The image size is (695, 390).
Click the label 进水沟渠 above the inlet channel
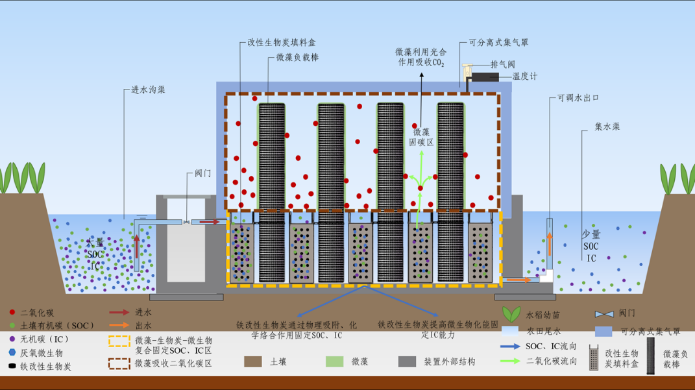(144, 90)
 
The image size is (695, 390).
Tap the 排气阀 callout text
(503, 64)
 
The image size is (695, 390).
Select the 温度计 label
(524, 77)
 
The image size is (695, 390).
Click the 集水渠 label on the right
(607, 127)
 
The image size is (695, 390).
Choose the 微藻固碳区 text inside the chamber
(421, 136)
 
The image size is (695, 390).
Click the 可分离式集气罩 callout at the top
(498, 43)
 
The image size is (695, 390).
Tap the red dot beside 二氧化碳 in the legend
(12, 313)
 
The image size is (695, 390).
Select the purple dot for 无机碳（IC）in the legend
(12, 339)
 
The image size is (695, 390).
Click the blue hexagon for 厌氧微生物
(12, 352)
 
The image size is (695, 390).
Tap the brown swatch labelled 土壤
(253, 361)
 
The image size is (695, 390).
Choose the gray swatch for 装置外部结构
(408, 361)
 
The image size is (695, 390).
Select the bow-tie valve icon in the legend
(604, 314)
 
